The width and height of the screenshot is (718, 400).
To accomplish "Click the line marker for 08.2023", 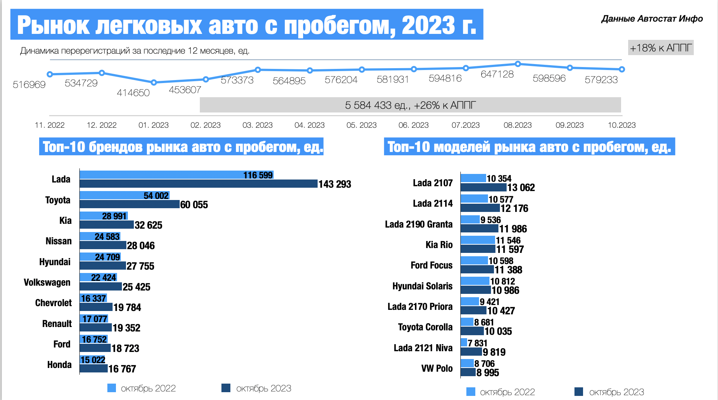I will coord(518,64).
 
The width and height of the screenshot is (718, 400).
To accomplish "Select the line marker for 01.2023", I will coord(154,82).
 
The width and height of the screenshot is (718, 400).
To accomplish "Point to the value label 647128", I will coord(497,74).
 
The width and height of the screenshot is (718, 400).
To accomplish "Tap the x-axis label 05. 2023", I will coord(361,125).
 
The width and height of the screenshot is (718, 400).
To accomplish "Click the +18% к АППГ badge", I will coord(661,48).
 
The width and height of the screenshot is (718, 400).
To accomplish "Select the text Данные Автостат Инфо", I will coord(652,19).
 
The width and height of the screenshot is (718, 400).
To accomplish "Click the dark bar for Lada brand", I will coord(198,184).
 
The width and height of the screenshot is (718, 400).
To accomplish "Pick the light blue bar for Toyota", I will coord(125,195).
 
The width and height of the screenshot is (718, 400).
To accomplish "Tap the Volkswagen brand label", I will coord(47,282).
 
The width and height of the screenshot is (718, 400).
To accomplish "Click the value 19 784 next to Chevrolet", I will coord(127,307).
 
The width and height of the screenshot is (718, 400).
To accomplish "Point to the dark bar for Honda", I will coord(94,369).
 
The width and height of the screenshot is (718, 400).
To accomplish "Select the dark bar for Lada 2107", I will coord(484,187).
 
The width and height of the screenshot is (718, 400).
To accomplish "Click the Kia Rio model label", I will coord(439,245).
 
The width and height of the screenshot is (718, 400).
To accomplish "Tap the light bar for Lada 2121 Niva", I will coord(464,342).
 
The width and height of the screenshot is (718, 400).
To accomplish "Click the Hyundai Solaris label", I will coord(422,286).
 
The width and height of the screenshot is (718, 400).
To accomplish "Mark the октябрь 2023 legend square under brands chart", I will coord(226,388).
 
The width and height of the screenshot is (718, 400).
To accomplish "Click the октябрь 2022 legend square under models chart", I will coord(470,392).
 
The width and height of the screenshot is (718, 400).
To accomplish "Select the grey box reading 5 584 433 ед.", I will coord(410,105).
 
